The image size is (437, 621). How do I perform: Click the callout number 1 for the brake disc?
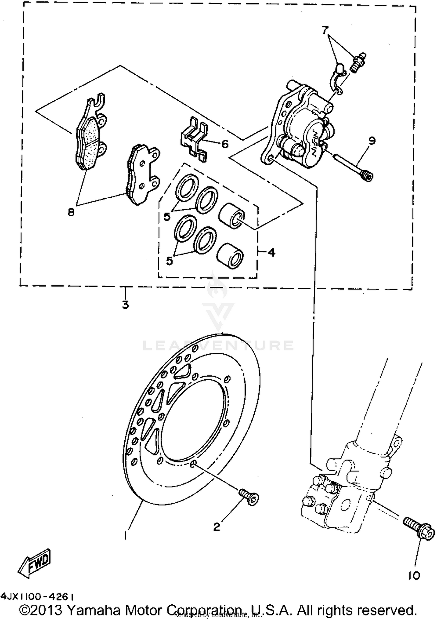(x=125, y=535)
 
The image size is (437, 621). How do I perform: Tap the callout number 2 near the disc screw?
(x=216, y=527)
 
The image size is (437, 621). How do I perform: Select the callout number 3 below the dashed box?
(x=125, y=305)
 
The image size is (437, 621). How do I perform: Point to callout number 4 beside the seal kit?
(x=272, y=252)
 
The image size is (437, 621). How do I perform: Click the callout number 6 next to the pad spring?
(x=225, y=144)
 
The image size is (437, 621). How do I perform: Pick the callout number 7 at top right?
(x=325, y=30)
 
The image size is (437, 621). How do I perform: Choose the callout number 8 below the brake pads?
(x=71, y=212)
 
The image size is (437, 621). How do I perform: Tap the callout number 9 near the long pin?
(x=372, y=141)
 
